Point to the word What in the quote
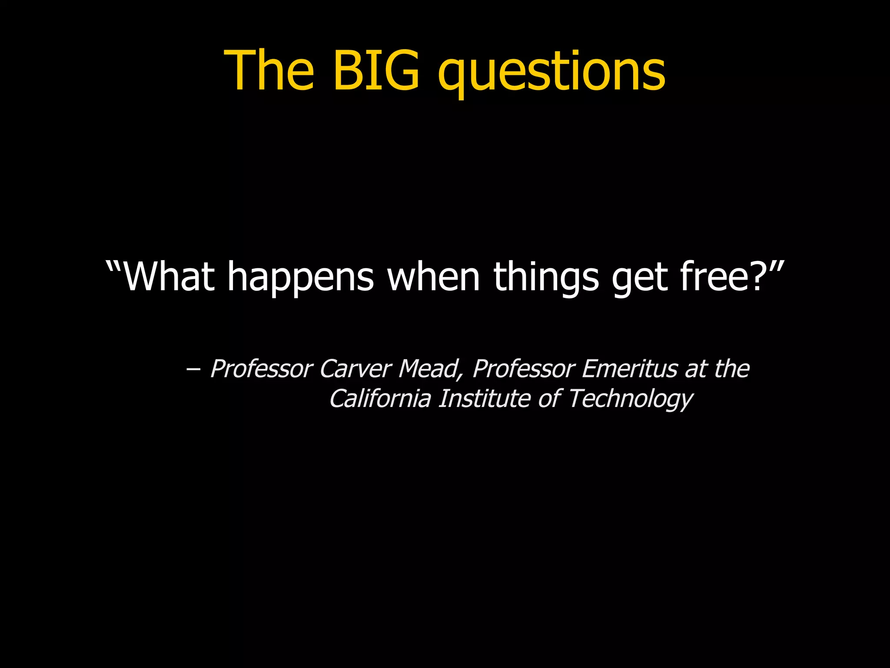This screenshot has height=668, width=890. pos(169,277)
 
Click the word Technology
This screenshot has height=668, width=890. pos(630,399)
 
